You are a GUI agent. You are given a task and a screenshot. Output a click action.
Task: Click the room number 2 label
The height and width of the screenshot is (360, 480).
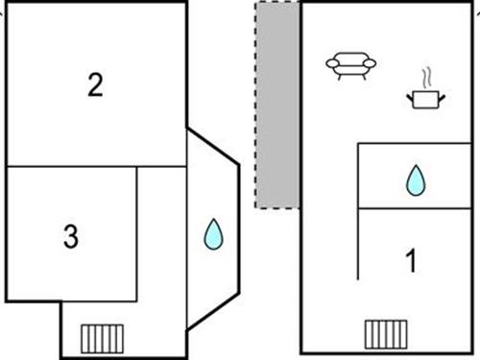coord(95,84)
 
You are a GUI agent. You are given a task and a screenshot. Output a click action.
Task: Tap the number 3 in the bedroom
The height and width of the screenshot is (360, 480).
coord(71,236)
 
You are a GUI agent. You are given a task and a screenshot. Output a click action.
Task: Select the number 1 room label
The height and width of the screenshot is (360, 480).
coord(411,260)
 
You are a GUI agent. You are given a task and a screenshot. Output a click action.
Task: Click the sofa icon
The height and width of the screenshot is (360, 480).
coord(350,65)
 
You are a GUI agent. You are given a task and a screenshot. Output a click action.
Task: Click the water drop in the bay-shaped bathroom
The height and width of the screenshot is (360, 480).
coord(213,234)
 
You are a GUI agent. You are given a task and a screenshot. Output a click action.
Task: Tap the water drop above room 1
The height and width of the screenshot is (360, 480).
coord(416,180)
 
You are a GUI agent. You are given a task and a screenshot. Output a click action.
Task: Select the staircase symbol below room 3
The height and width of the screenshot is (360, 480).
coord(102,339)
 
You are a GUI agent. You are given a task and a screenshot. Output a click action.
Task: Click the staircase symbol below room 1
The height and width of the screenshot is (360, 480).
coord(386,334)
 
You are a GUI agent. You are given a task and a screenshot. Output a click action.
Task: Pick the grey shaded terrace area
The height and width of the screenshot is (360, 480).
coord(277,105)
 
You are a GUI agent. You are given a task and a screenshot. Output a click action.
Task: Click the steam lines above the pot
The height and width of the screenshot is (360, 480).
coord(427,78)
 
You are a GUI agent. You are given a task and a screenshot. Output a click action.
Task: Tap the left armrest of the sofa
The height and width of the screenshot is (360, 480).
coord(332,63)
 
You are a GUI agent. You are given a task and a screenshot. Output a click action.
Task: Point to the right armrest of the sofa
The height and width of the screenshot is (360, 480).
coord(370,63)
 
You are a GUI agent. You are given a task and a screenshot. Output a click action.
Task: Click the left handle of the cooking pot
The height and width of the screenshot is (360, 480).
coord(410,97)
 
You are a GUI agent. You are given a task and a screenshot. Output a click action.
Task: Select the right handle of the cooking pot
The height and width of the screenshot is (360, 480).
coord(442,97)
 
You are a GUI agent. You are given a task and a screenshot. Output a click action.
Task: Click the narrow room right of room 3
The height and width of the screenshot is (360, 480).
coord(161,234)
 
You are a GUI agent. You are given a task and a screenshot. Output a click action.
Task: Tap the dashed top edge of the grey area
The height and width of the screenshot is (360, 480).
coord(277,3)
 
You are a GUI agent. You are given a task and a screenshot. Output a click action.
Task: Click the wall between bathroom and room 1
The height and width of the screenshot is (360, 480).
coord(415,208)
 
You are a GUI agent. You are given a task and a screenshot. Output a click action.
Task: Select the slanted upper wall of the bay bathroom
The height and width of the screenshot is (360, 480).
coord(213,147)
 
